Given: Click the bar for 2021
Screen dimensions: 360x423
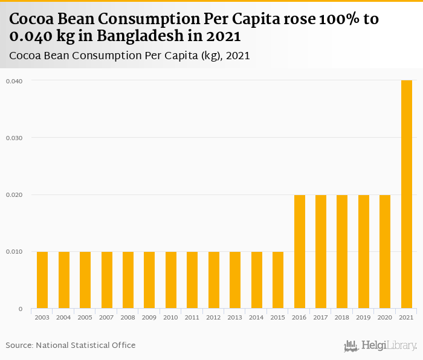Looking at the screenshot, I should pos(407,194).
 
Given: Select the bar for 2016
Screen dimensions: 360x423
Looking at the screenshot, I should pos(300,251).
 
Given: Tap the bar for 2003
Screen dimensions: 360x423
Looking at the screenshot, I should pos(42,280).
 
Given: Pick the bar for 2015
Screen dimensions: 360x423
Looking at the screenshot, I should pos(278,280).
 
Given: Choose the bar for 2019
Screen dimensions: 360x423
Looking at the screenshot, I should pos(364,251).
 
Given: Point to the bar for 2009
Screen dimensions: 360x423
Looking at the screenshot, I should pos(149,280).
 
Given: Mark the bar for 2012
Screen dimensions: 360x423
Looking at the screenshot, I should pos(214,280).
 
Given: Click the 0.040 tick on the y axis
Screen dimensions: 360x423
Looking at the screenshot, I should pos(14,81).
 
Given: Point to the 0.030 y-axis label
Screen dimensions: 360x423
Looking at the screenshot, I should pos(14,138).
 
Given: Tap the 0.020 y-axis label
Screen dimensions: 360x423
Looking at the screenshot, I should pos(14,194).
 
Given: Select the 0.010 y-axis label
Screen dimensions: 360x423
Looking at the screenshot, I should pos(14,252).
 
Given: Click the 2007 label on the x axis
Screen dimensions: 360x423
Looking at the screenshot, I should pos(106,317).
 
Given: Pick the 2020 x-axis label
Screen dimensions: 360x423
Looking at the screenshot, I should pos(385,317).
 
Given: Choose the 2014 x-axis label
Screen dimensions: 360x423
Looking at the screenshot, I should pos(257,317).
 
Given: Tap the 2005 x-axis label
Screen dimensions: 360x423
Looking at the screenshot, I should pos(85,317).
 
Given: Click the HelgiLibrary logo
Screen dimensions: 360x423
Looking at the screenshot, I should pos(380,346).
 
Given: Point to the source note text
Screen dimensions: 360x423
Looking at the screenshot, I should pos(71,345).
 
